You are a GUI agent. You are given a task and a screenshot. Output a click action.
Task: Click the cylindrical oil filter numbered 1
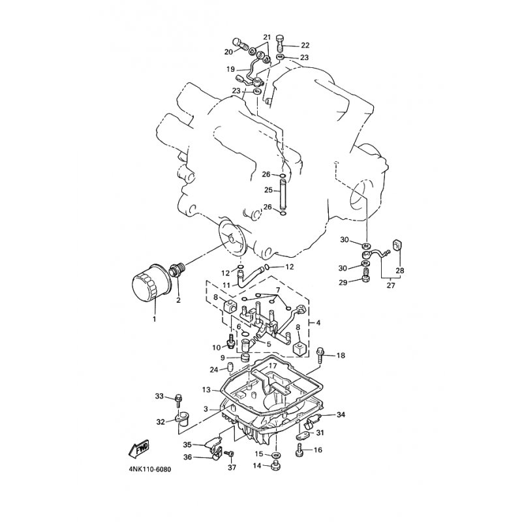(151, 282)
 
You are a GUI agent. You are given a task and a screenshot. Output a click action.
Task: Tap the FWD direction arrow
(138, 449)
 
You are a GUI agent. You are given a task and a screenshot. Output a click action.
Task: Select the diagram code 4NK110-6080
(150, 470)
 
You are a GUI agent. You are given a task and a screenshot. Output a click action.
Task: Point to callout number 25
(268, 190)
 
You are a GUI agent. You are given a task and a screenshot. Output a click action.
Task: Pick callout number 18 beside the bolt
(341, 355)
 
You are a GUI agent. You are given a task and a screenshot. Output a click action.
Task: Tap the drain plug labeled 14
(275, 466)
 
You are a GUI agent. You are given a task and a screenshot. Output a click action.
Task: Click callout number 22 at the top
(305, 45)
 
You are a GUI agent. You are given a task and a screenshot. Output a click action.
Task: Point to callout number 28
(400, 270)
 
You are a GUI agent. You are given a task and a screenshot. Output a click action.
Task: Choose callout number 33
(159, 396)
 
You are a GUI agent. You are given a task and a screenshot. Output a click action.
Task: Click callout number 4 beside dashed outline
(318, 322)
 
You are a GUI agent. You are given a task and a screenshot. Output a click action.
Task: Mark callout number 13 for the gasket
(206, 389)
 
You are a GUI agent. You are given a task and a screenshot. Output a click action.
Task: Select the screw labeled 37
(230, 455)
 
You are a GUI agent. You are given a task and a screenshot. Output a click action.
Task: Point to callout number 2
(178, 300)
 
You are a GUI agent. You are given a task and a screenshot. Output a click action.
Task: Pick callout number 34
(341, 415)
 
